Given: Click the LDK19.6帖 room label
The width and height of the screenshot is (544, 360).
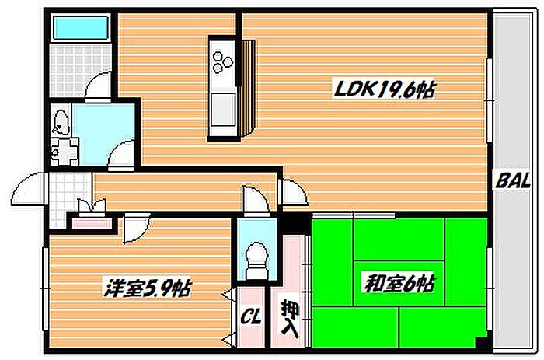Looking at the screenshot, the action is pos(383,90).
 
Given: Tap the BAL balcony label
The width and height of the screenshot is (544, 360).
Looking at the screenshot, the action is pos(513,183).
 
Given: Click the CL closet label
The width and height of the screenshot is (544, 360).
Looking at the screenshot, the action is pos(249,316).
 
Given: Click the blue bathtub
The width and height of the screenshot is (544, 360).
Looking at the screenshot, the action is pos(78,30).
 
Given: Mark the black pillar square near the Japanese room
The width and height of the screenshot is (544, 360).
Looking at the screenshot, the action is pos(294,222).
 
